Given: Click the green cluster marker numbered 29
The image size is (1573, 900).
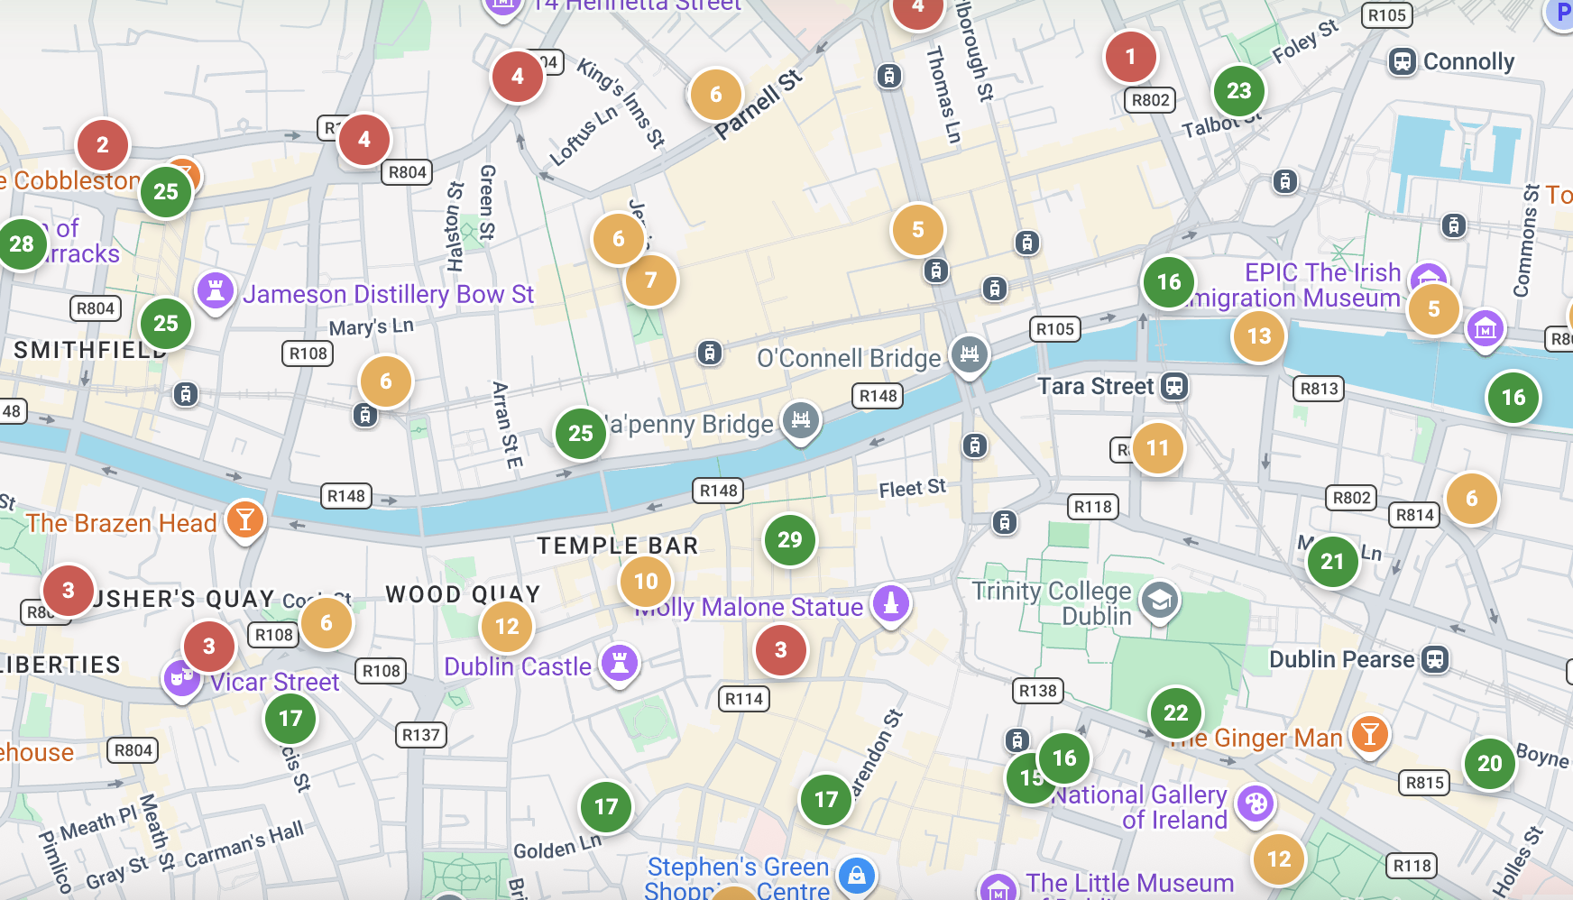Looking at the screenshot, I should click(x=789, y=540).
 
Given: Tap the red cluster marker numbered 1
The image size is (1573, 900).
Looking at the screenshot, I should click(x=1130, y=57).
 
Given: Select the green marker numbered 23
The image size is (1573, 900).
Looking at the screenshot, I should click(x=1238, y=91).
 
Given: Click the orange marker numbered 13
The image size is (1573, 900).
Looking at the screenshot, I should click(x=1258, y=336).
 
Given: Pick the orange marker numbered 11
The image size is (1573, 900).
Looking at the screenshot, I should click(x=1157, y=448).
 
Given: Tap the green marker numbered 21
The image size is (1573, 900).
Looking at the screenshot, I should click(x=1332, y=562).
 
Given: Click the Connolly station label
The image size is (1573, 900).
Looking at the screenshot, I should click(x=1467, y=61).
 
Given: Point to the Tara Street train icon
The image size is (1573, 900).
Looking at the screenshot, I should click(x=1173, y=387).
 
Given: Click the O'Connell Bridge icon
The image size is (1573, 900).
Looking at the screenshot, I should click(x=969, y=354).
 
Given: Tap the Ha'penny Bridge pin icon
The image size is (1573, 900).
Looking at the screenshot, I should click(x=800, y=420).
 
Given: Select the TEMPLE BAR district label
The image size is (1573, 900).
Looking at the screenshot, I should click(x=617, y=546).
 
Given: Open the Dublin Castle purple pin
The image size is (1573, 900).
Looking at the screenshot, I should click(x=619, y=664).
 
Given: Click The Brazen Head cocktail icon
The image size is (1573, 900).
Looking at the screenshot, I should click(x=244, y=519).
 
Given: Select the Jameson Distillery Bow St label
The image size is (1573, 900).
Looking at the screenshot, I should click(x=388, y=295).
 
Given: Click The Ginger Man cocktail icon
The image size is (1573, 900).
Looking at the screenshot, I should click(x=1369, y=735).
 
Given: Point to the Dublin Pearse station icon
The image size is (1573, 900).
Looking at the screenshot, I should click(x=1434, y=659).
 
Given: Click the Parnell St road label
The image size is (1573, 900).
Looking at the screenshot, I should click(x=758, y=105).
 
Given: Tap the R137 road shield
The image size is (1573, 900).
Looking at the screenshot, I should click(x=420, y=735).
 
